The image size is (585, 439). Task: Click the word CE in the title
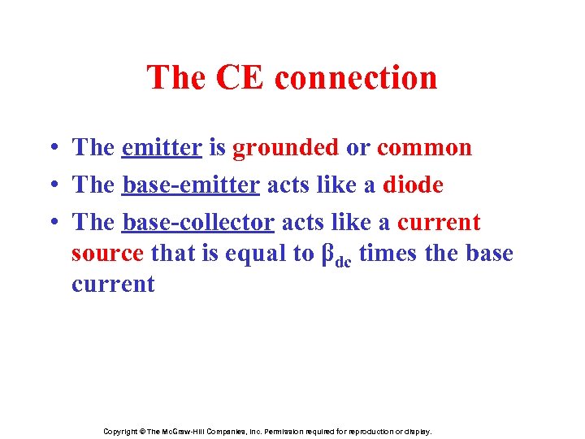pyautogui.click(x=240, y=78)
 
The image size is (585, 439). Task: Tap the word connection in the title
pyautogui.click(x=356, y=78)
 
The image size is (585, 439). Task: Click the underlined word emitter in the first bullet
pyautogui.click(x=161, y=148)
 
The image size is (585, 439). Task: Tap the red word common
pyautogui.click(x=424, y=148)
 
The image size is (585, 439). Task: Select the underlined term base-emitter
pyautogui.click(x=190, y=185)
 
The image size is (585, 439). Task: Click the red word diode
pyautogui.click(x=412, y=185)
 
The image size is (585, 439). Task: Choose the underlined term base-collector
pyautogui.click(x=197, y=223)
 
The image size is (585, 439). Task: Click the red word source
pyautogui.click(x=107, y=254)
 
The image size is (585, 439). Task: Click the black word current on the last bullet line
pyautogui.click(x=113, y=285)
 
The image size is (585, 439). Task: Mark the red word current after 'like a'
pyautogui.click(x=439, y=223)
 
